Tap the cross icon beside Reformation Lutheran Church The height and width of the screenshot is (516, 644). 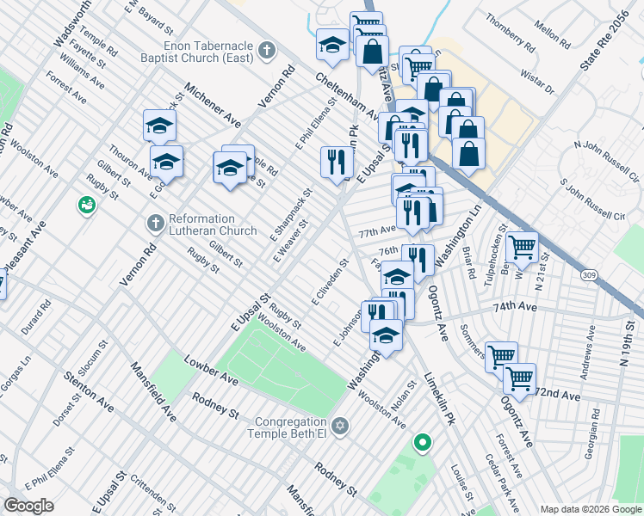pos(155,224)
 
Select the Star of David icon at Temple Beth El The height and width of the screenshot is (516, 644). pos(341,426)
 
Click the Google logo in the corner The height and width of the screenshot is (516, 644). pos(28,506)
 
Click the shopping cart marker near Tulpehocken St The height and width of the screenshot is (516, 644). pos(523,247)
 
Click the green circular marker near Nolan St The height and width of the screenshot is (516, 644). pos(422,443)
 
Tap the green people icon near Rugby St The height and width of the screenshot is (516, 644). pos(86,205)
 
